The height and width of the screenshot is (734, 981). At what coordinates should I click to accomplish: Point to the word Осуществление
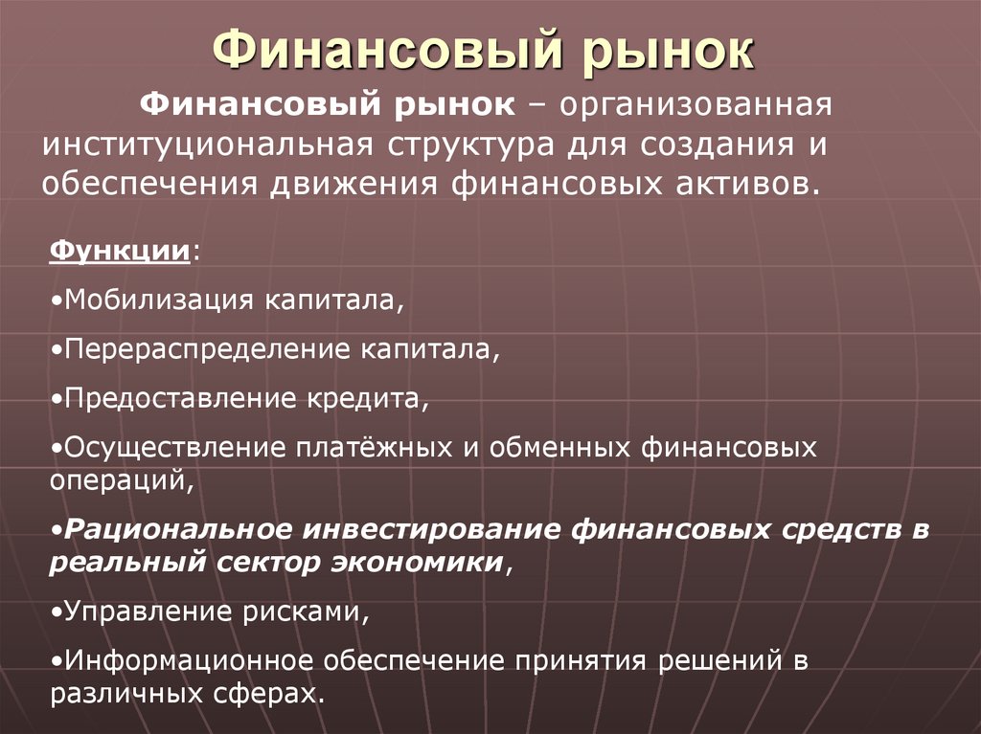170,447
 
